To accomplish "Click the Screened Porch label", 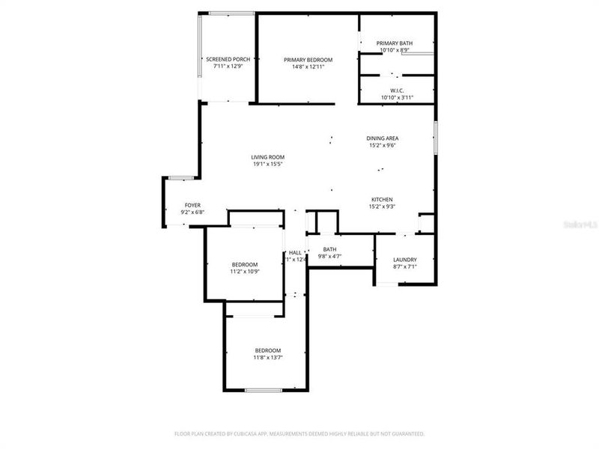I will tap(228, 59).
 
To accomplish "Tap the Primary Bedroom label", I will tap(308, 59).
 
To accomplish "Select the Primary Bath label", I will tap(395, 43).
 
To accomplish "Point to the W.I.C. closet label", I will tap(397, 91).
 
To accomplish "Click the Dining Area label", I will tap(382, 138).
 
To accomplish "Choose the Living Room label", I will tap(267, 157).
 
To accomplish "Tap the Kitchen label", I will tap(383, 199).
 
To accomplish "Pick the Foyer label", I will tap(192, 205).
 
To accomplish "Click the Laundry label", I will tap(404, 260).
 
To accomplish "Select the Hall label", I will tap(295, 253).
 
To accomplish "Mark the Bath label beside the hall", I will tap(329, 249).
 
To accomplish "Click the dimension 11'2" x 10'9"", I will tap(245, 272).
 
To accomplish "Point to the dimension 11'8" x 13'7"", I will tap(267, 358).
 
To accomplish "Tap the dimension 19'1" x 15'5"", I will tap(267, 164).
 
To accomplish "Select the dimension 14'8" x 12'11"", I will tap(308, 67).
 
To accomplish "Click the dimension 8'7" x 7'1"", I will tap(404, 266).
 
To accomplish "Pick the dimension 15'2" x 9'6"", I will tap(382, 145).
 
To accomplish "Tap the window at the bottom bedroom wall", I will tap(264, 390).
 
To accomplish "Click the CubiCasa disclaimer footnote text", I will tap(299, 433).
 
